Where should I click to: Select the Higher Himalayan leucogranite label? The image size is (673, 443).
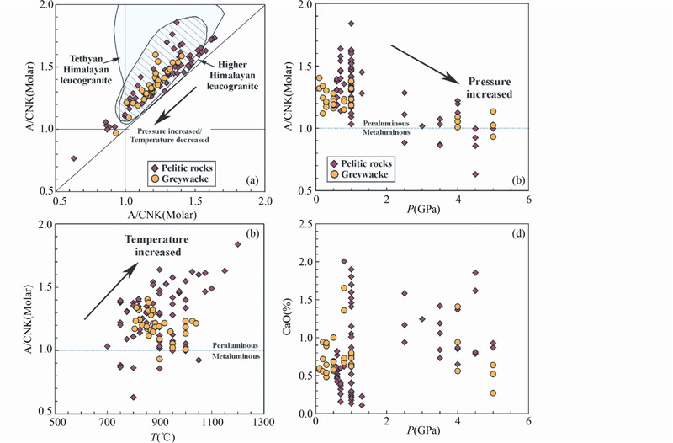[238, 75]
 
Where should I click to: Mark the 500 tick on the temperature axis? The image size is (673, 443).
[57, 422]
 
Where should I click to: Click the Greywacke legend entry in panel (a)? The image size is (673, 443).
[174, 179]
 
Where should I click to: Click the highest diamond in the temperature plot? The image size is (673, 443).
[237, 244]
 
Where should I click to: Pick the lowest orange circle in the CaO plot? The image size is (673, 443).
[493, 393]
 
